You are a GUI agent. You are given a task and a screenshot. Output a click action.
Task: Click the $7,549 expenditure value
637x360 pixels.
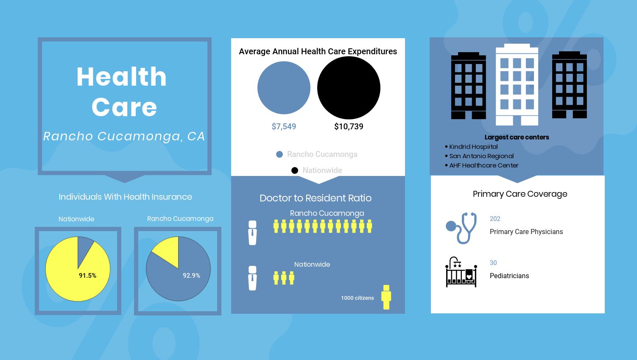point(284,126)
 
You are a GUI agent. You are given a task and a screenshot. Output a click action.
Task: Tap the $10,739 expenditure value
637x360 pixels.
point(349,126)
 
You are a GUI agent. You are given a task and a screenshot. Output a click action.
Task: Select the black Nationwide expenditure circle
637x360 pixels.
point(349,88)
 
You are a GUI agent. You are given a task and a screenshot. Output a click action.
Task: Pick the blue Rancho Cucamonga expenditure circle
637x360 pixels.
point(284,88)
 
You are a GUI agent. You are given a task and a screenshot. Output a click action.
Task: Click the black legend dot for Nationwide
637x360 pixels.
point(295,170)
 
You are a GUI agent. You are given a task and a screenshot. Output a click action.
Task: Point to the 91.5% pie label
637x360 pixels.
point(88,276)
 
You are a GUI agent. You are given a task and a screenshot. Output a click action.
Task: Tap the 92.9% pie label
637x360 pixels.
point(191,276)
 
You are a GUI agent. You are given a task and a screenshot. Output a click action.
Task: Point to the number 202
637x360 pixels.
point(495,219)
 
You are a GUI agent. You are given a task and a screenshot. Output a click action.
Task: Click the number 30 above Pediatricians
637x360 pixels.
point(493,263)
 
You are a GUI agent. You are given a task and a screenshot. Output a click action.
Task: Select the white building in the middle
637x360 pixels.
point(517,85)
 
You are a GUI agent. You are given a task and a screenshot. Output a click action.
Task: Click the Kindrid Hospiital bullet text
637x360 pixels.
point(473,147)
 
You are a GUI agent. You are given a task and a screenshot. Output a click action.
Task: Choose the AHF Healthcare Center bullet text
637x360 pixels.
point(484,165)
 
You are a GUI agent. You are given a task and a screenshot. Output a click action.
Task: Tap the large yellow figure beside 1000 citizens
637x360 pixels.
point(386,297)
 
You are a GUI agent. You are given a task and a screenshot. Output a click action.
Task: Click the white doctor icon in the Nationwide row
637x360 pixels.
point(252,278)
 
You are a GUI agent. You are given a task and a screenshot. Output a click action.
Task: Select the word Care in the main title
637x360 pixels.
point(124,107)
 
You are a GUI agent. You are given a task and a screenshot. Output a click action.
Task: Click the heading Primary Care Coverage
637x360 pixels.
point(520,194)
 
